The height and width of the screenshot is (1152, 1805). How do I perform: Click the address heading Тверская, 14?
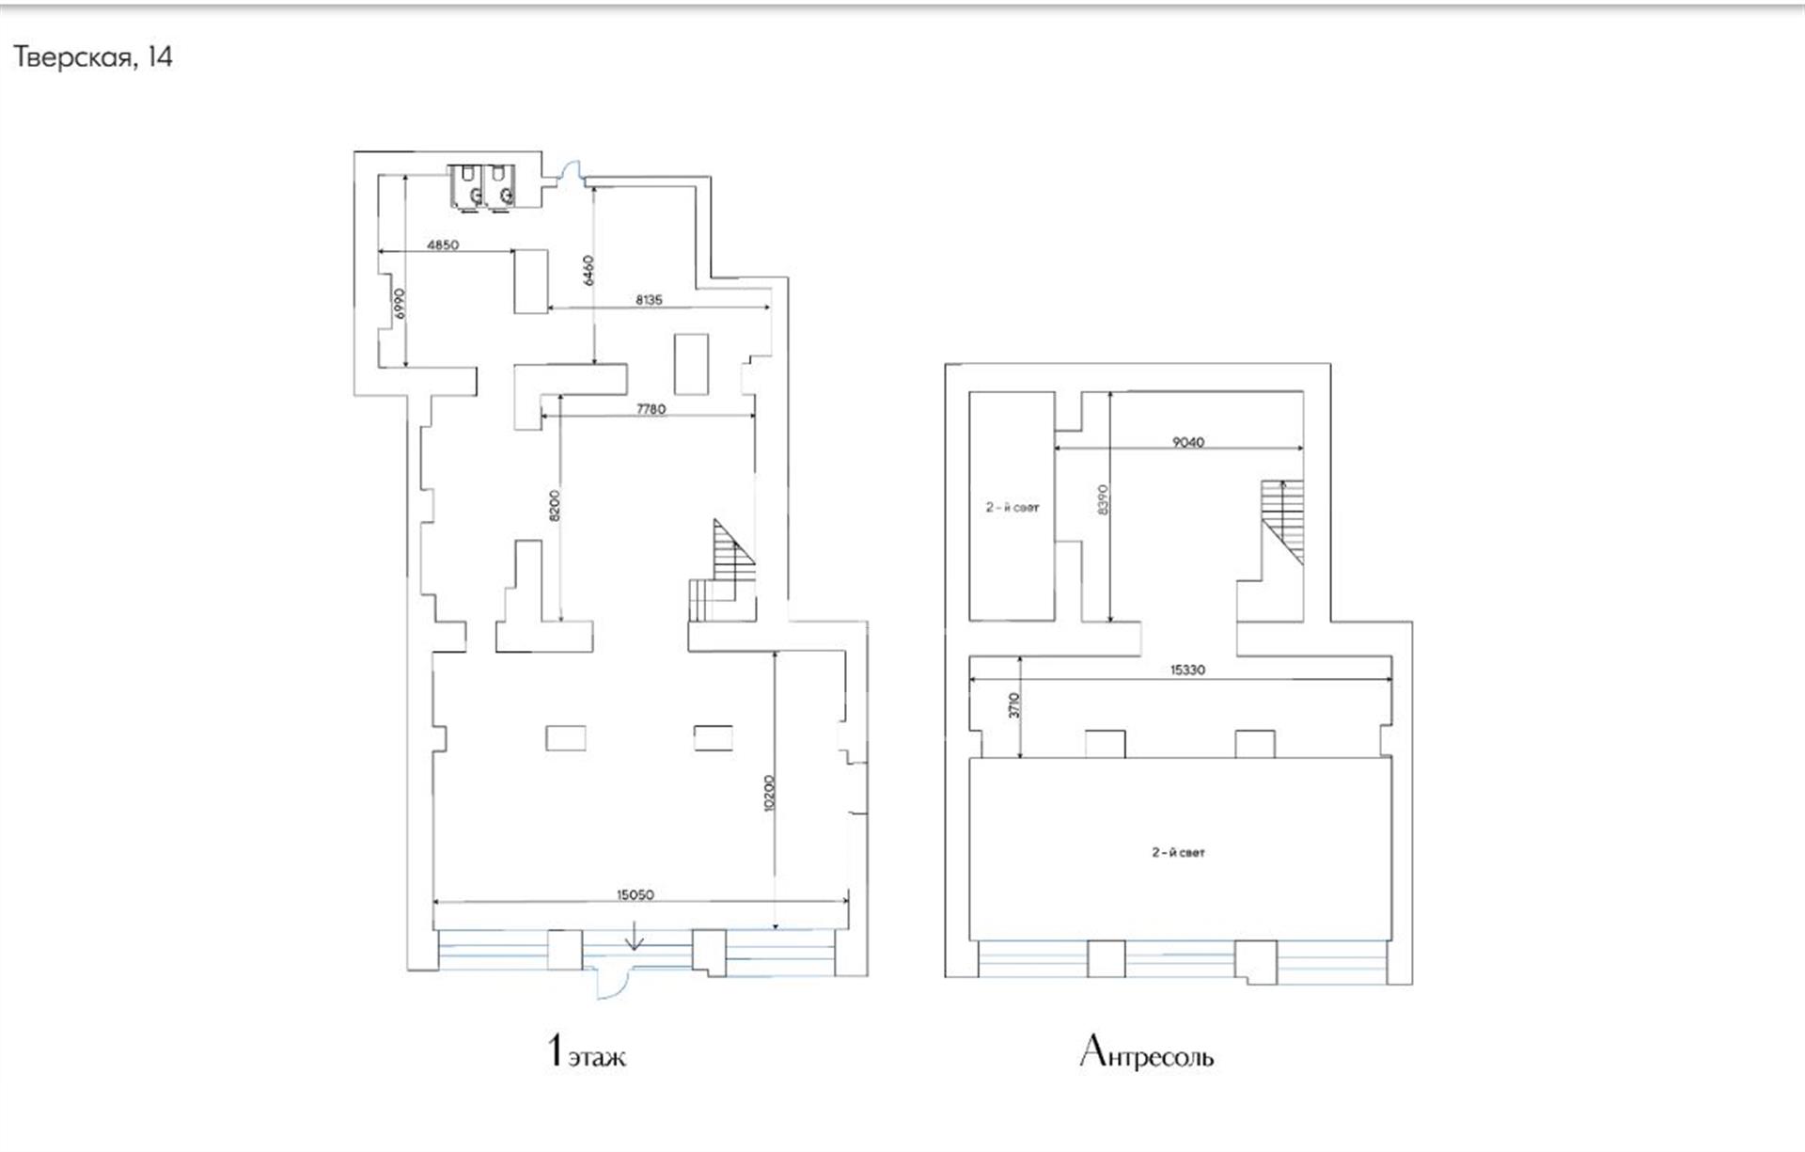(x=93, y=57)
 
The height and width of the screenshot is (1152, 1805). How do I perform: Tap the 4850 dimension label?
(x=443, y=245)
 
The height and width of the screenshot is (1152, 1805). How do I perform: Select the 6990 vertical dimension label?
(x=400, y=304)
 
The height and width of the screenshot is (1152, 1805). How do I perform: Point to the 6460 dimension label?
(x=589, y=270)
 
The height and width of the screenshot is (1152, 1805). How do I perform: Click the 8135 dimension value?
(x=649, y=300)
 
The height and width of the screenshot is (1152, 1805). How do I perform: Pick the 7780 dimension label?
(x=651, y=409)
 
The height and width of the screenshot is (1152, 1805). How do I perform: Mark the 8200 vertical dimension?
(x=555, y=505)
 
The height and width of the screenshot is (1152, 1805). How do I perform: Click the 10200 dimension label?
(x=769, y=793)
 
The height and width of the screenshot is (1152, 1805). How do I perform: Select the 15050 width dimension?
(x=636, y=894)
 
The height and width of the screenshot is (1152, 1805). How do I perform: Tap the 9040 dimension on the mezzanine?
(x=1188, y=442)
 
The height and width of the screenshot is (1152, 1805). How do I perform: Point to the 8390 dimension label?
(x=1104, y=499)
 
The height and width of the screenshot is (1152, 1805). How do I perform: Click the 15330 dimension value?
(x=1188, y=671)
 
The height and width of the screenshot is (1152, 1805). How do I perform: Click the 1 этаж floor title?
(x=586, y=1051)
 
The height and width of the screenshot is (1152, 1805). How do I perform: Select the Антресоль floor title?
(x=1147, y=1052)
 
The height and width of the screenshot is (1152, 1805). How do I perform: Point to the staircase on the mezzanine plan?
(x=1282, y=522)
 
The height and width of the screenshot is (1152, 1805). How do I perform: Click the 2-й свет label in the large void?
(x=1179, y=853)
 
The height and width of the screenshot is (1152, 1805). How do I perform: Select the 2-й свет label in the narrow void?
(x=1012, y=508)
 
